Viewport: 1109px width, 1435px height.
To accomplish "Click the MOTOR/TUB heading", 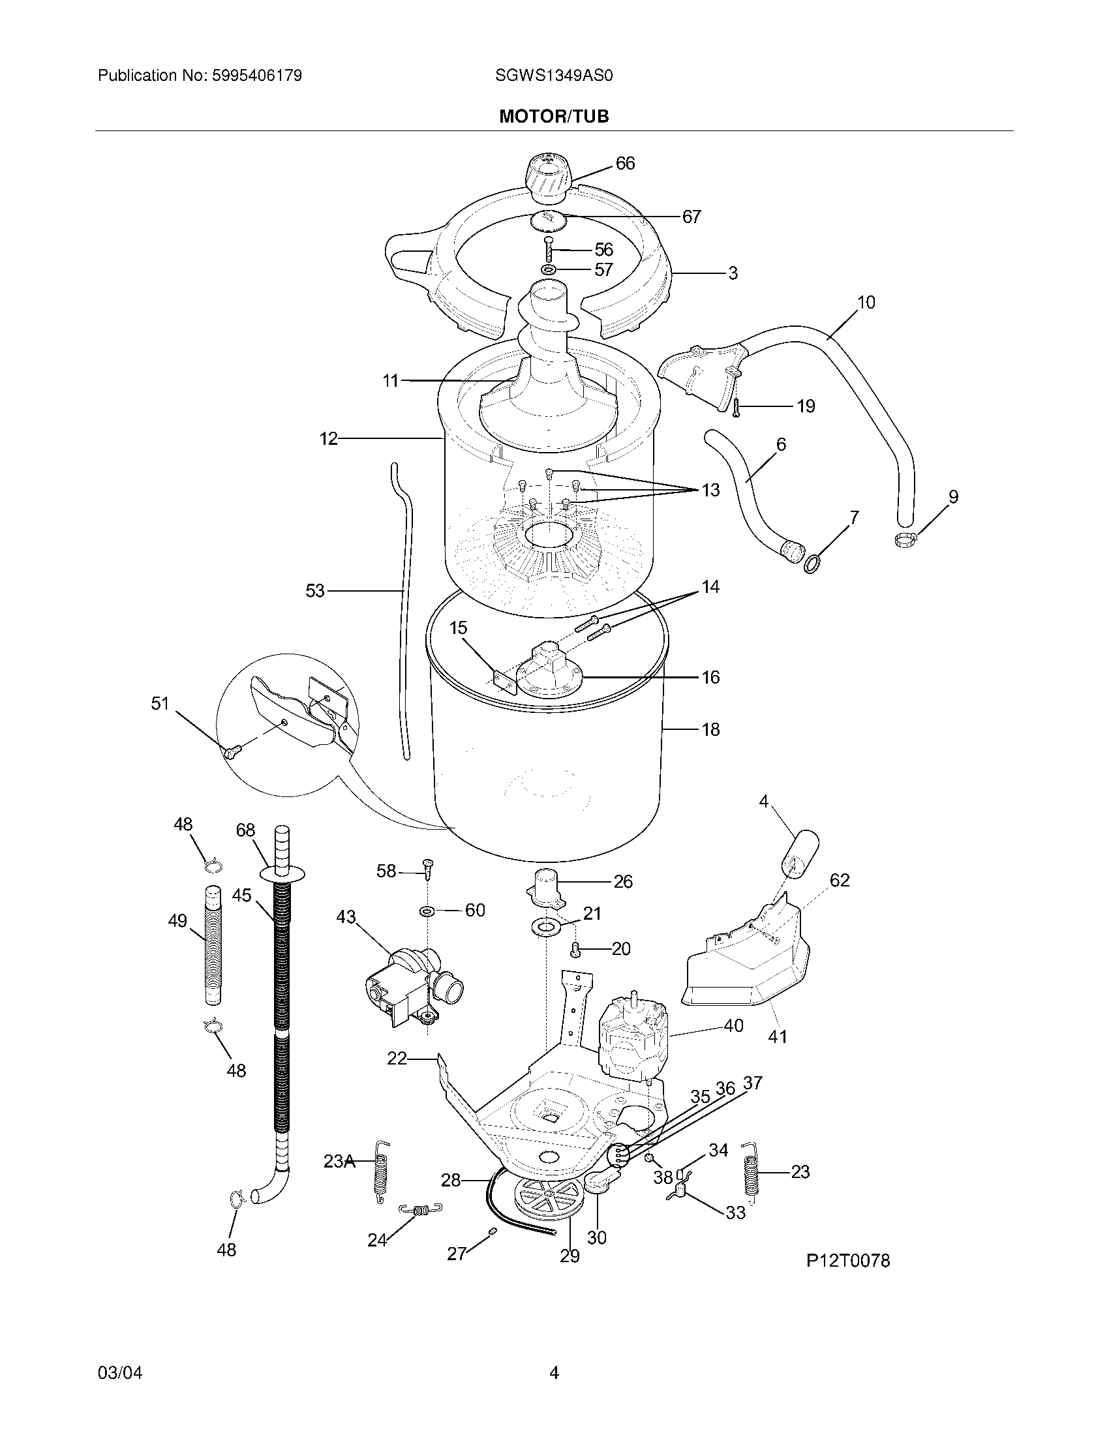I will click(554, 116).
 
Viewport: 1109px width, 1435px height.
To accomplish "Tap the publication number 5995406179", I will click(256, 76).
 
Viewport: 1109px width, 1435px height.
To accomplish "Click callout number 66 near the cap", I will click(625, 163).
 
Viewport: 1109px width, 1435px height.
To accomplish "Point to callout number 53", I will click(314, 591).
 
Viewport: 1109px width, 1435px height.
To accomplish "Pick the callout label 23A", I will click(339, 1162).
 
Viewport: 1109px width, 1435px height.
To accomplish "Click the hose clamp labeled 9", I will click(906, 539).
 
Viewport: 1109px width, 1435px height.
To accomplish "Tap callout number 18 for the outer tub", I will click(710, 729).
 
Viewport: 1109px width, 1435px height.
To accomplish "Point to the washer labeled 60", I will click(428, 911).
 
